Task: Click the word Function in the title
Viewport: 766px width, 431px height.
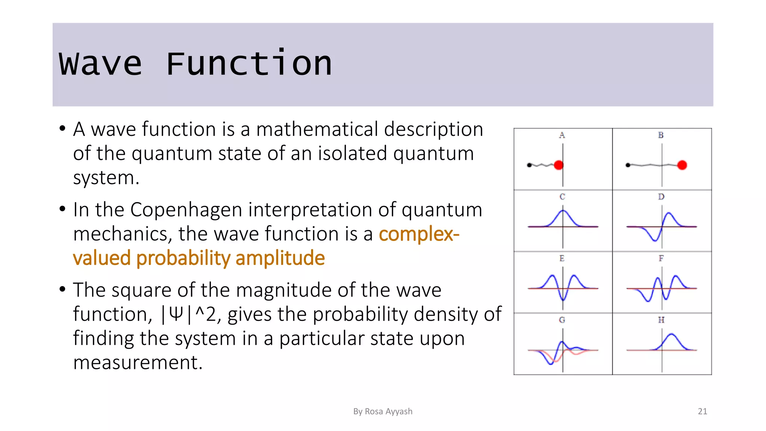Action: [249, 64]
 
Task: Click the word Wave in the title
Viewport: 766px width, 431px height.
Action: [101, 64]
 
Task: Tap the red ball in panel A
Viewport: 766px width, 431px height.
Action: [559, 165]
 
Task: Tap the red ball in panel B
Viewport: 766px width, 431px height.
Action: [682, 165]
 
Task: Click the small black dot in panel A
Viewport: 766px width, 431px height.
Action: [529, 165]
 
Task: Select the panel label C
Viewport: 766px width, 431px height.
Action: [562, 197]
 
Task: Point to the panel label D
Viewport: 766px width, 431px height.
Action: [661, 197]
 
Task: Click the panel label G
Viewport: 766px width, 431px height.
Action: [562, 320]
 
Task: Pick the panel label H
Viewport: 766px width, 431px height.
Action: [661, 320]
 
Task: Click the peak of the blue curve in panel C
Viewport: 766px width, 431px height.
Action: [563, 211]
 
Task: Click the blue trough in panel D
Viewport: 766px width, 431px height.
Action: [655, 240]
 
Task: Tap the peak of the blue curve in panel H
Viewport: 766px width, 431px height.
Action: [672, 334]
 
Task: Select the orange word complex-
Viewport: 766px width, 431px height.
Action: [419, 234]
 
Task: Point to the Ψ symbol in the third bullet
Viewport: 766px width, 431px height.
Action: [176, 314]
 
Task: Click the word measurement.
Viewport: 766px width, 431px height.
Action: [137, 363]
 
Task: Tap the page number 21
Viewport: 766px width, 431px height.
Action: [702, 411]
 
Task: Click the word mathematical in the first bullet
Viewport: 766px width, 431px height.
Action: [317, 129]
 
